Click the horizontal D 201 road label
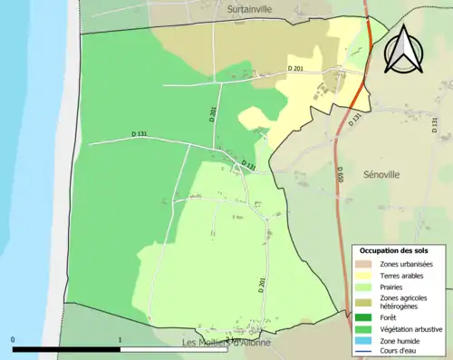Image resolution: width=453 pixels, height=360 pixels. click(x=295, y=69)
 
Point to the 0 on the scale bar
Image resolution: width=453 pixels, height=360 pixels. click(x=14, y=341)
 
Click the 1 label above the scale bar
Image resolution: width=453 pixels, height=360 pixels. click(x=120, y=341)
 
